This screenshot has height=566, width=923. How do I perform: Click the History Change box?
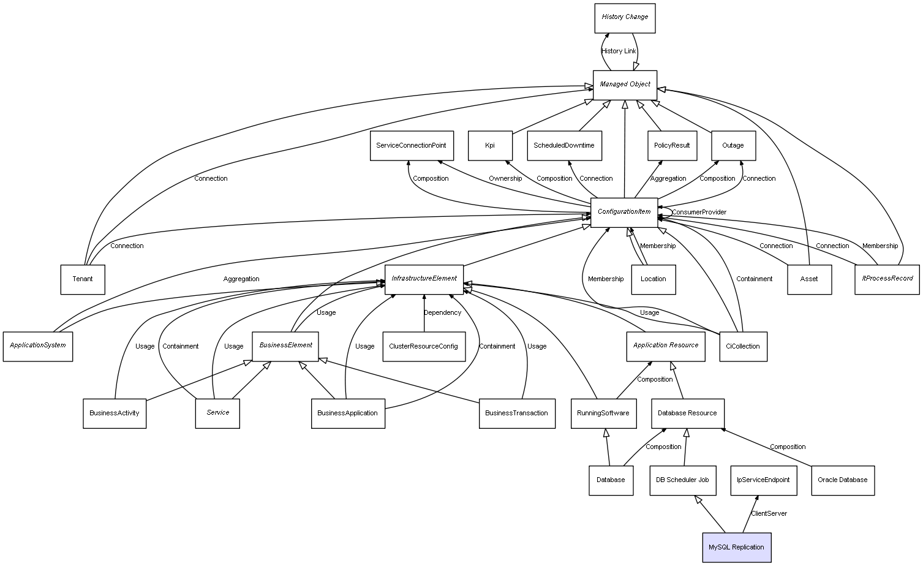pyautogui.click(x=625, y=18)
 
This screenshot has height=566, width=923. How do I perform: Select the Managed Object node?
pyautogui.click(x=625, y=85)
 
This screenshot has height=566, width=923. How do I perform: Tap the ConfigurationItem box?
pyautogui.click(x=624, y=212)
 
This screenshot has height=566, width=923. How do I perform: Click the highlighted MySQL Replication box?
pyautogui.click(x=736, y=547)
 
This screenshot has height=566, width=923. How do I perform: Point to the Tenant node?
pyautogui.click(x=83, y=279)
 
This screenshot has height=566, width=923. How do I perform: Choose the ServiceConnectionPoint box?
pyautogui.click(x=412, y=146)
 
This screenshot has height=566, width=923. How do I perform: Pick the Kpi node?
pyautogui.click(x=490, y=146)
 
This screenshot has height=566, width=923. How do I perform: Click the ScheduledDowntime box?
pyautogui.click(x=564, y=146)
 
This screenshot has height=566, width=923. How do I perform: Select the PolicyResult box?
pyautogui.click(x=672, y=146)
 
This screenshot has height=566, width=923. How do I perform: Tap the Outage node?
pyautogui.click(x=733, y=146)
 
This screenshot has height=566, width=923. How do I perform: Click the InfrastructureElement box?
pyautogui.click(x=424, y=279)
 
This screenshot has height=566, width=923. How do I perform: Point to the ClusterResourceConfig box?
pyautogui.click(x=423, y=346)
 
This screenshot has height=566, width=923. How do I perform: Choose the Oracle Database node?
pyautogui.click(x=843, y=480)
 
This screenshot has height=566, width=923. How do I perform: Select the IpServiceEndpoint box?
pyautogui.click(x=763, y=480)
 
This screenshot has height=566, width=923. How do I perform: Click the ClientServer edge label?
pyautogui.click(x=769, y=513)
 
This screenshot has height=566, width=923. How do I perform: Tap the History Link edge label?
pyautogui.click(x=619, y=51)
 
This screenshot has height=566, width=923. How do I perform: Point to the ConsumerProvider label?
pyautogui.click(x=699, y=212)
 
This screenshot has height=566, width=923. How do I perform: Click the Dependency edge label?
pyautogui.click(x=442, y=312)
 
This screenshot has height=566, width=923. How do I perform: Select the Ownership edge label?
pyautogui.click(x=505, y=178)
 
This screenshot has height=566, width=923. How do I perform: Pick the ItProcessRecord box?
pyautogui.click(x=887, y=279)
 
